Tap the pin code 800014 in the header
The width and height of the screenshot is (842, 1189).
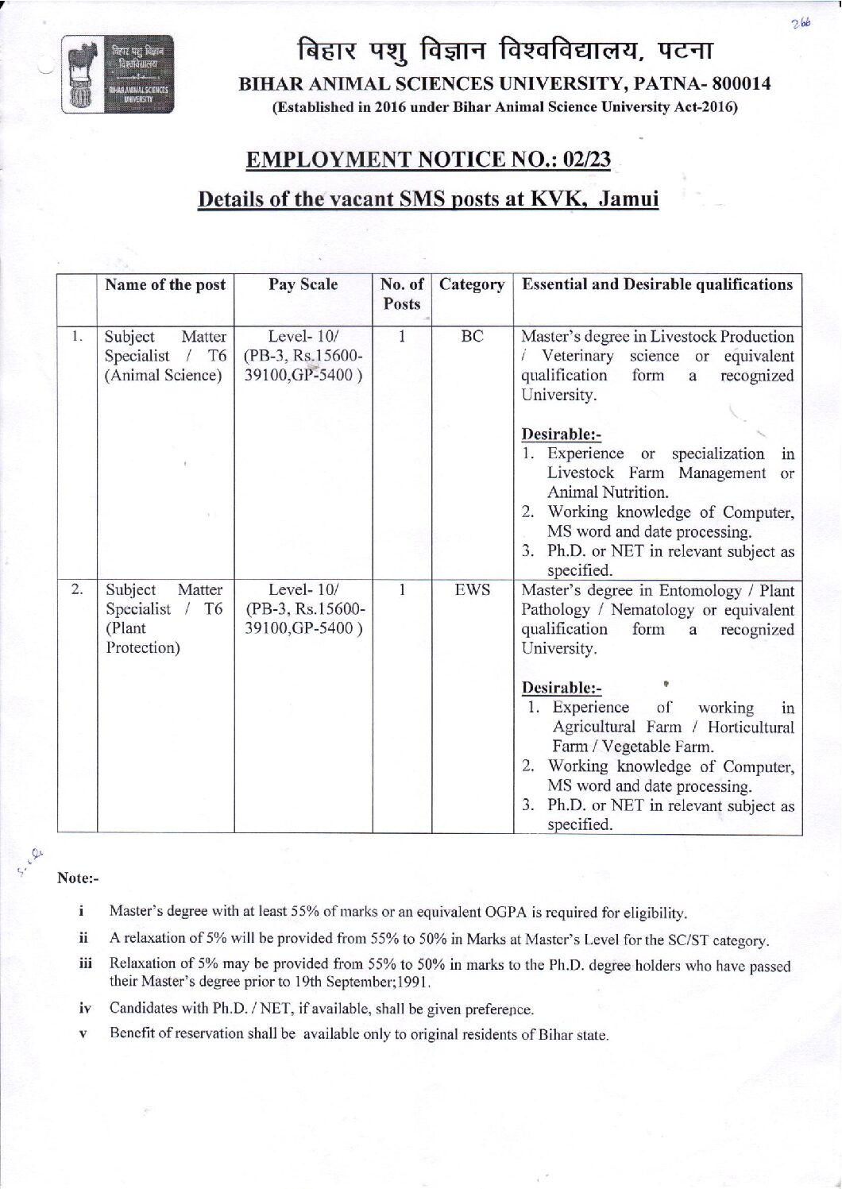[740, 84]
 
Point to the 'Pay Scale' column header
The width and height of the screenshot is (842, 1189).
[303, 284]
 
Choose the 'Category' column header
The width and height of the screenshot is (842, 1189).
[472, 284]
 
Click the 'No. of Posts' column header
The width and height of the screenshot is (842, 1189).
[403, 294]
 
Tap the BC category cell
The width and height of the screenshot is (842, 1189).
[472, 336]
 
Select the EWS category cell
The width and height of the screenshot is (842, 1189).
[472, 590]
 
